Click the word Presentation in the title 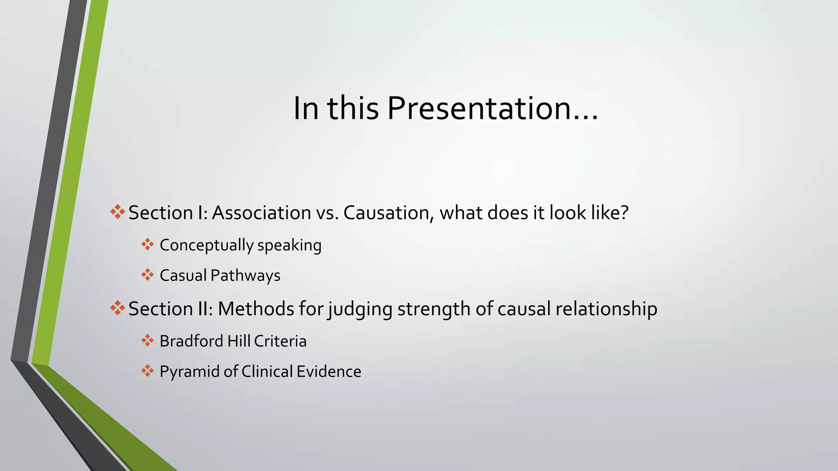click(478, 109)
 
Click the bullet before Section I click(117, 212)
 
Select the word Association click(261, 213)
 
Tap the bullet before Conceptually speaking click(147, 244)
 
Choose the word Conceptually click(207, 245)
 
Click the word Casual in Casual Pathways click(183, 276)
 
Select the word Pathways click(246, 276)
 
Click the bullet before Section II click(117, 307)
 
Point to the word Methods click(256, 309)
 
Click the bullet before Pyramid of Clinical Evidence click(147, 371)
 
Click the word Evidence click(329, 372)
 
